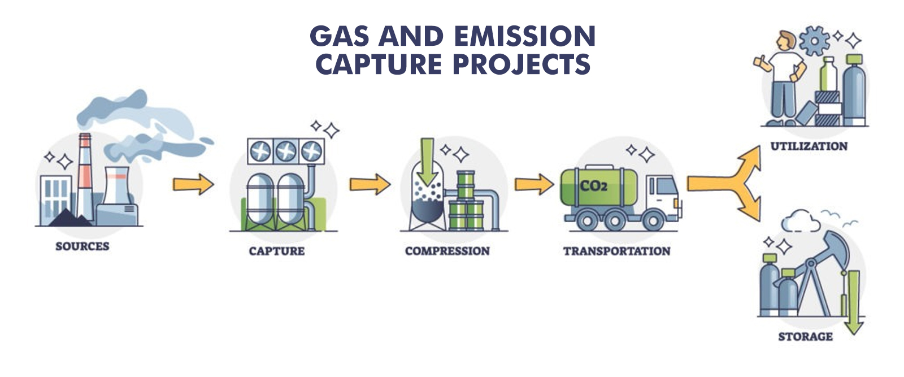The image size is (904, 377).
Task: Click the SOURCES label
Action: coord(82,246)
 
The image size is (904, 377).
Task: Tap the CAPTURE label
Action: coord(277,251)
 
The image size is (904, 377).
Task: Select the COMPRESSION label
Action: coord(447,251)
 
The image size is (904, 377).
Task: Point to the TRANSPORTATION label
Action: coord(616,251)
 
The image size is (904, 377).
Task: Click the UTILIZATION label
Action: coord(809,146)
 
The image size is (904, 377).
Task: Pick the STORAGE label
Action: coord(806,337)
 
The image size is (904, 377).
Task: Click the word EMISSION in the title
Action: coord(525,36)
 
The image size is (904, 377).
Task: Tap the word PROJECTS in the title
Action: coord(521,64)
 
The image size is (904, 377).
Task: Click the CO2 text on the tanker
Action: coord(593,186)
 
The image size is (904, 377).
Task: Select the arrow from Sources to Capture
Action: coord(193,184)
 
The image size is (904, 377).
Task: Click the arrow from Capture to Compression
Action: coord(370,184)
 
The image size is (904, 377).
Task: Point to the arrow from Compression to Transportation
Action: coord(534,184)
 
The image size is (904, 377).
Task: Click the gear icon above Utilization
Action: coord(814,41)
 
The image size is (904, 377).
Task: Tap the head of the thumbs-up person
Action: coord(786,41)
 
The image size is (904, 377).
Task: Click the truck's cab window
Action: coord(666,186)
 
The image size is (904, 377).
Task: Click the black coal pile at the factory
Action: coord(71,219)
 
